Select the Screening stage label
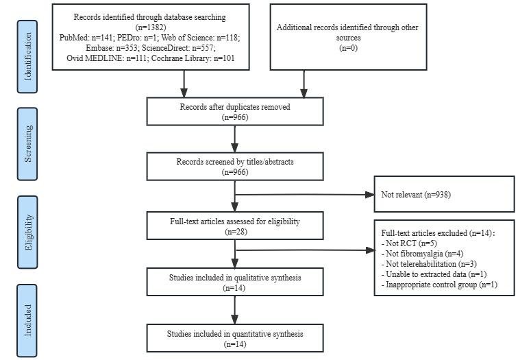tap(28, 143)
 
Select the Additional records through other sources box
tap(348, 37)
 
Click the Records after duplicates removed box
tap(234, 112)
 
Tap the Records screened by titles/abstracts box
tap(234, 167)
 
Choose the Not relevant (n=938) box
tap(443, 194)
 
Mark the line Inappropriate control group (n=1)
tap(441, 284)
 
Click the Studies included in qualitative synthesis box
tap(234, 281)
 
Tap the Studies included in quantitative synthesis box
tap(234, 338)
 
